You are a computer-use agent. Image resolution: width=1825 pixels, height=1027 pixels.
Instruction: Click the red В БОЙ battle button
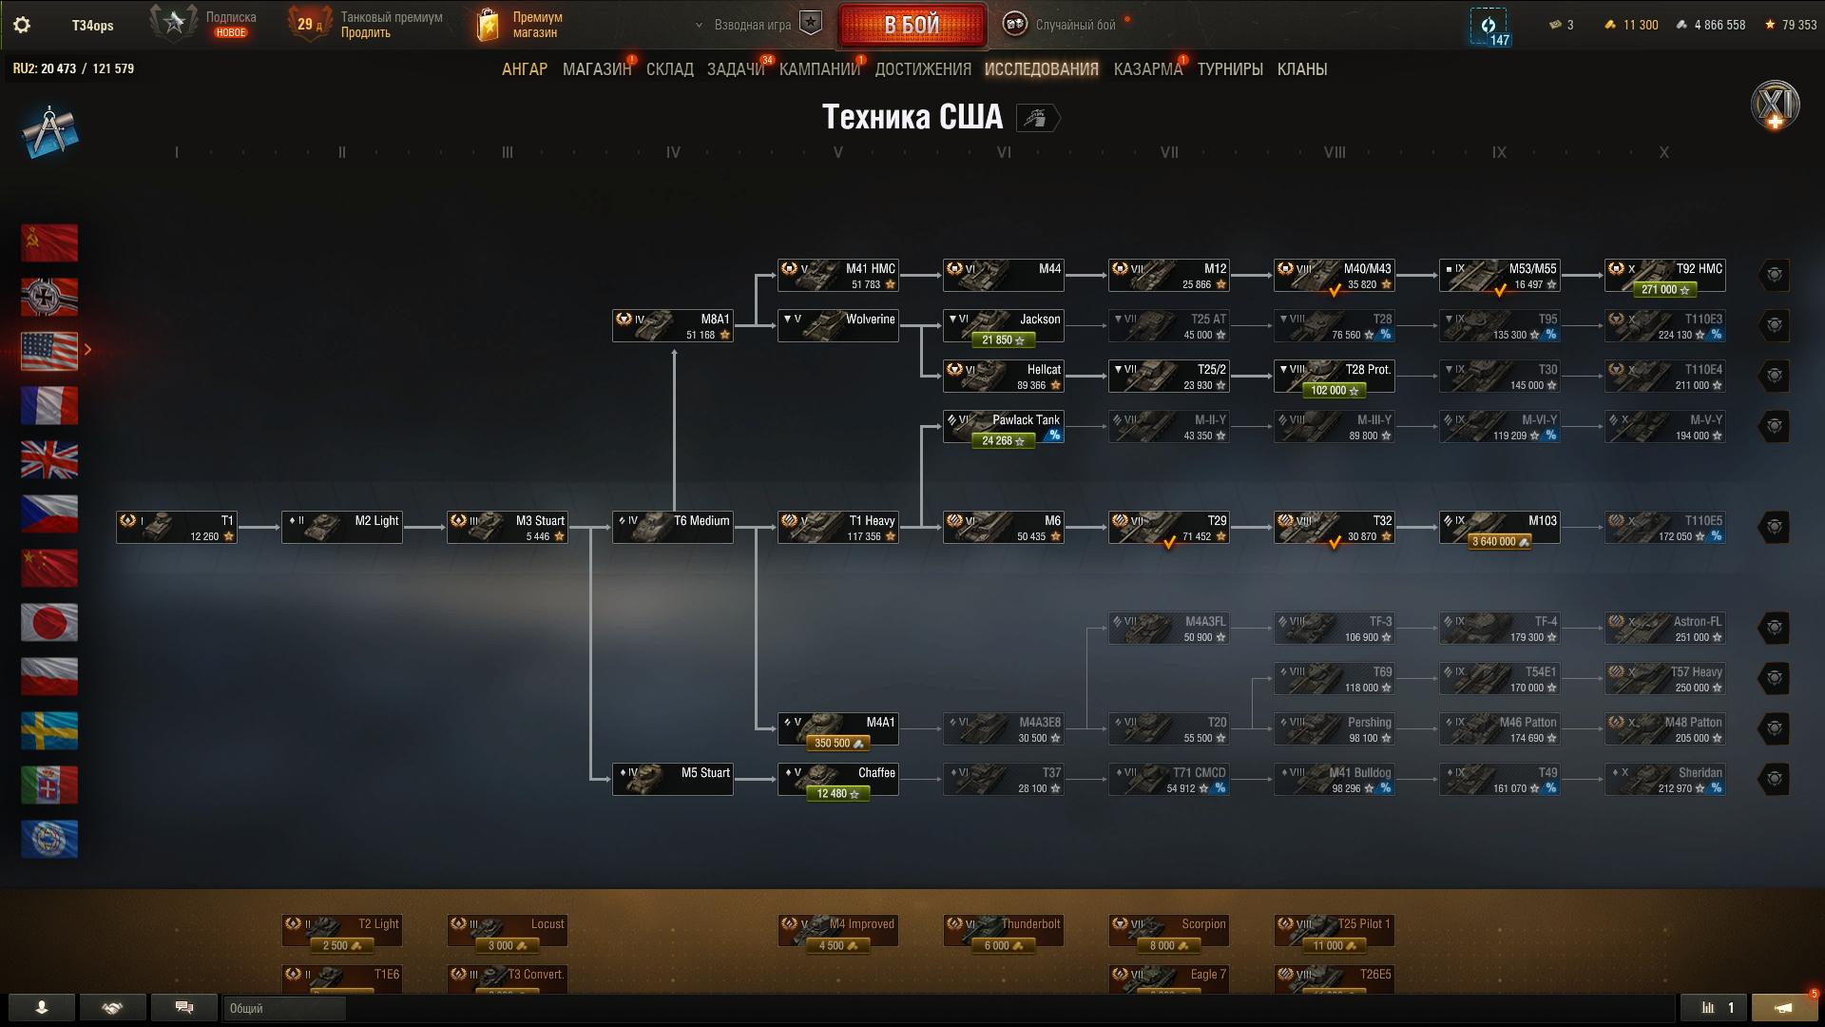click(912, 25)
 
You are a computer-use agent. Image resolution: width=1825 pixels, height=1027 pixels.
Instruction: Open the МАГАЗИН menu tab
click(596, 69)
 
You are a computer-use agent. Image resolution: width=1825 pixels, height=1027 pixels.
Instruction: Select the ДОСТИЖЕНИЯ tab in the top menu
click(922, 69)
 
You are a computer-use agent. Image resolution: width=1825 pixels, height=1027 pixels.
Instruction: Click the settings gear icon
click(22, 25)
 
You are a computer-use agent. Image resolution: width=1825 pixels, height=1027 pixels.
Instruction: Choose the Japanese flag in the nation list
click(49, 622)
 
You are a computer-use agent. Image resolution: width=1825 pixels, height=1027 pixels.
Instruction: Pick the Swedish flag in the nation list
click(49, 730)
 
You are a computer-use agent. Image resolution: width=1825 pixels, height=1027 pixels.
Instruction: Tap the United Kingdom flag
click(49, 459)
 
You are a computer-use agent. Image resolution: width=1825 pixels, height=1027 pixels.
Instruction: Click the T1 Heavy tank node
click(837, 528)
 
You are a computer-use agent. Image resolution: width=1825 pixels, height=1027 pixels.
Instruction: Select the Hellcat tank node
click(1003, 377)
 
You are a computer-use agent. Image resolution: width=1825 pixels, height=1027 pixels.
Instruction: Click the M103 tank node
click(1499, 528)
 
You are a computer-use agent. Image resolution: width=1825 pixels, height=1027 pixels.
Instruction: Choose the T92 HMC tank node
click(1664, 276)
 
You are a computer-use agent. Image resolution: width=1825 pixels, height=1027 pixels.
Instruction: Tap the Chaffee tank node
click(837, 780)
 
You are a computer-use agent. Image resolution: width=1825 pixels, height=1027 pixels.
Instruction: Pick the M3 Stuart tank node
click(507, 528)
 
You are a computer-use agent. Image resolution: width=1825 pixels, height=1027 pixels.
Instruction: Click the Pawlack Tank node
click(1003, 427)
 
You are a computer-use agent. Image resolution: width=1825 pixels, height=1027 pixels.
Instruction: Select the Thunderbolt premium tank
click(1003, 931)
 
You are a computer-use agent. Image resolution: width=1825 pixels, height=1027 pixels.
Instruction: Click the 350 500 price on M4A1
click(838, 744)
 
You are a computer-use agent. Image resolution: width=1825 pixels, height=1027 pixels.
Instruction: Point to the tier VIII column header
click(1335, 152)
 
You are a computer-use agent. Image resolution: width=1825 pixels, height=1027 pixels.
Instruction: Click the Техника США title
click(912, 117)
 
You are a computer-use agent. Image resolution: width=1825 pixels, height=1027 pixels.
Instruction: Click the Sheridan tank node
click(1664, 780)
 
